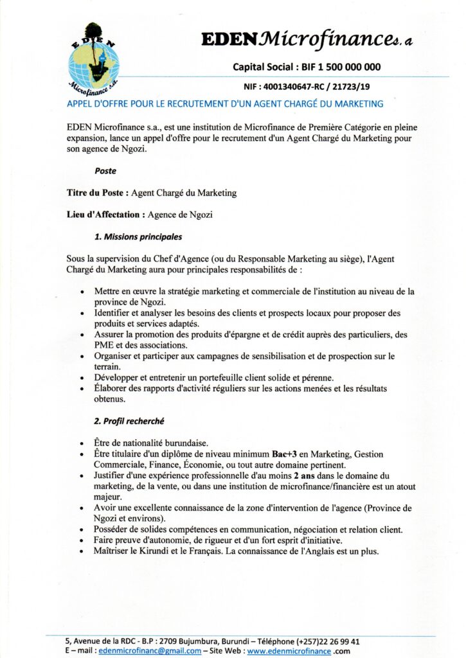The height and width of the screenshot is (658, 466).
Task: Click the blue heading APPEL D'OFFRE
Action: tap(224, 103)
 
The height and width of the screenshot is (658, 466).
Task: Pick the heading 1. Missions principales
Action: tap(138, 236)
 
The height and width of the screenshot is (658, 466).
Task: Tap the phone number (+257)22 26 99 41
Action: tap(327, 641)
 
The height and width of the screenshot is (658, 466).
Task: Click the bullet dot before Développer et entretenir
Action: tap(82, 378)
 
